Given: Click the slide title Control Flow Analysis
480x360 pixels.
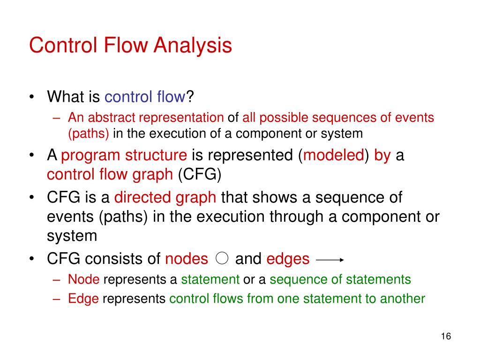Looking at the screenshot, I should pos(130,46).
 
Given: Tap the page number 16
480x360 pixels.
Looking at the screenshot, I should pos(445,337).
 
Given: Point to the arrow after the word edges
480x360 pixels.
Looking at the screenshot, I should pos(331,259).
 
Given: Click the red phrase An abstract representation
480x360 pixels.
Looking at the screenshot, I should pos(146,118).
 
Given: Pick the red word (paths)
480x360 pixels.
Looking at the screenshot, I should pos(89,134).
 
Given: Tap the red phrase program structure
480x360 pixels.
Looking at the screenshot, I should pos(124,156).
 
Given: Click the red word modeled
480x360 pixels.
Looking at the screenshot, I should pos(334,156).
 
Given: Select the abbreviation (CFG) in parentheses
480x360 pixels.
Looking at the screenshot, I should pos(199,174).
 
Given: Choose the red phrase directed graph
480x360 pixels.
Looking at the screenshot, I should pos(165,198).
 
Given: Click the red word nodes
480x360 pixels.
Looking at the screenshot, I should pos(187,259).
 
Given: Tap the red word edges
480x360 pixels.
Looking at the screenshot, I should pos(288,259).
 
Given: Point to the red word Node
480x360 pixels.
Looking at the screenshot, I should pos(84,280).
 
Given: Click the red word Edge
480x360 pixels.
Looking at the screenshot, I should pos(83,299).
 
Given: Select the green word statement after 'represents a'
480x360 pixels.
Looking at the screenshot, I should pos(210,280).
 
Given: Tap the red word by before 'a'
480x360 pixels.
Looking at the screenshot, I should pos(382,156).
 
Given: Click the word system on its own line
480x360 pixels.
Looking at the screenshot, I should pos(72,235).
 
